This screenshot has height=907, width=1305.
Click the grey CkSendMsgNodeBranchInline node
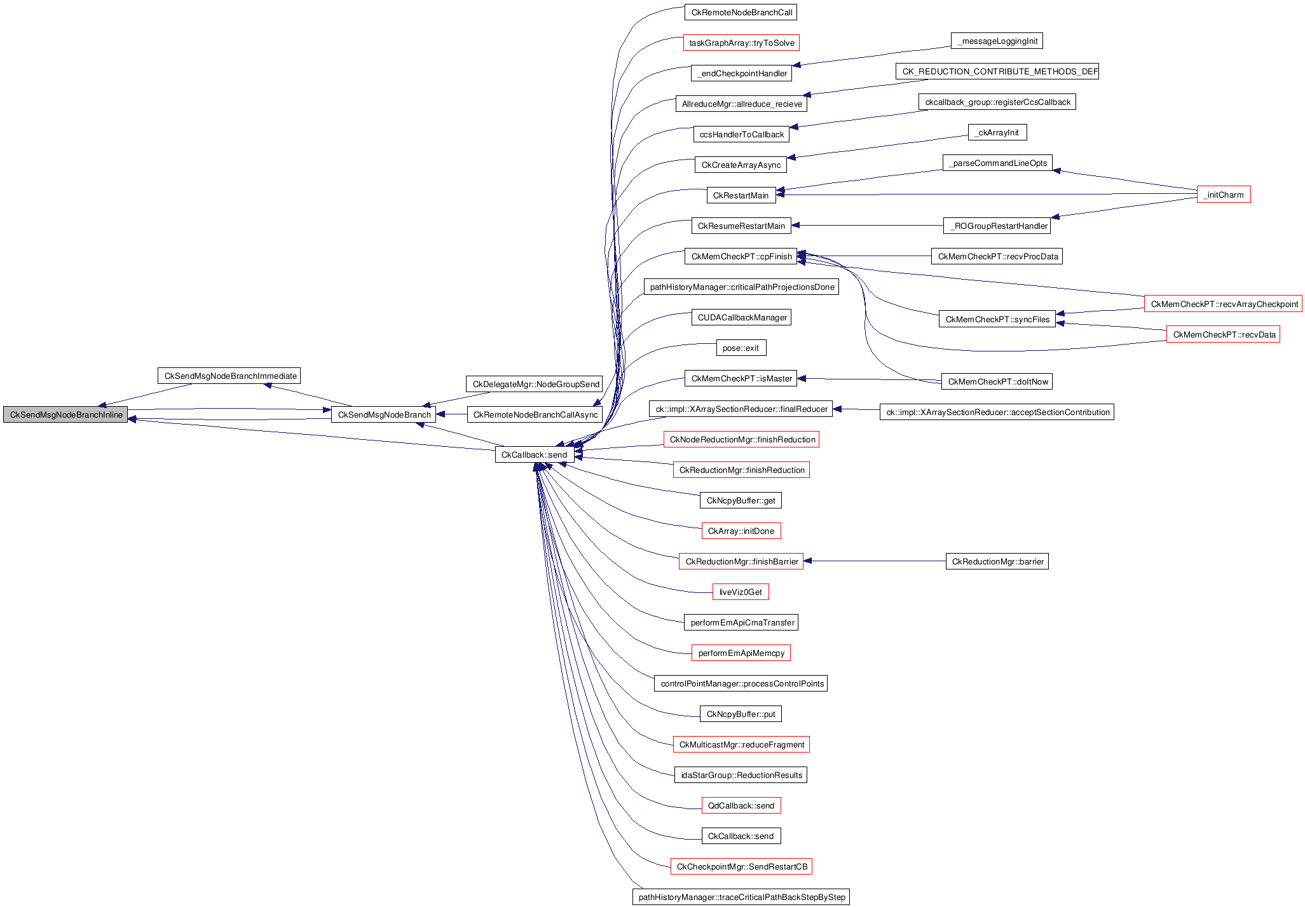pyautogui.click(x=65, y=414)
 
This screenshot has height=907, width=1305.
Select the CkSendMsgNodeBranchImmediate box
pyautogui.click(x=229, y=376)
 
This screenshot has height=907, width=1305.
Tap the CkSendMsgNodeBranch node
pyautogui.click(x=383, y=414)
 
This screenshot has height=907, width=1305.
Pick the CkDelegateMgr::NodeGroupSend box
pyautogui.click(x=535, y=384)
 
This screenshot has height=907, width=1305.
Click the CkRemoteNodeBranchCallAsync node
pyautogui.click(x=535, y=414)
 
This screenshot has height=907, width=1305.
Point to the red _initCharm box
pyautogui.click(x=1223, y=194)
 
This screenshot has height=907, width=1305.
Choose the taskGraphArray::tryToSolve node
pyautogui.click(x=741, y=43)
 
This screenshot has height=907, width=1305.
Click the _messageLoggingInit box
pyautogui.click(x=996, y=41)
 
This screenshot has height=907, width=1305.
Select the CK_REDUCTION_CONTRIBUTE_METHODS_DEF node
pyautogui.click(x=997, y=71)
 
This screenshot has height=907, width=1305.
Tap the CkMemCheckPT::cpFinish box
pyautogui.click(x=741, y=256)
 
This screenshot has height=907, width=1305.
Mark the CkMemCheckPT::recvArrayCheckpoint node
pyautogui.click(x=1223, y=304)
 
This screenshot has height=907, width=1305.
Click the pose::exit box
pyautogui.click(x=741, y=348)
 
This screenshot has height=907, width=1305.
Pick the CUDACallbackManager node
pyautogui.click(x=741, y=317)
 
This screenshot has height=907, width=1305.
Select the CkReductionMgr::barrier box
pyautogui.click(x=997, y=561)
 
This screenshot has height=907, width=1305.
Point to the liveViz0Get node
pyautogui.click(x=741, y=592)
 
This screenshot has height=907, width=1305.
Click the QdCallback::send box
pyautogui.click(x=741, y=805)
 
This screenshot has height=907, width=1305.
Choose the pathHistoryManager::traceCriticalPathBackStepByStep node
pyautogui.click(x=741, y=897)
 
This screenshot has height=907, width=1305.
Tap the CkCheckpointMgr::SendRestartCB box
pyautogui.click(x=741, y=866)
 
